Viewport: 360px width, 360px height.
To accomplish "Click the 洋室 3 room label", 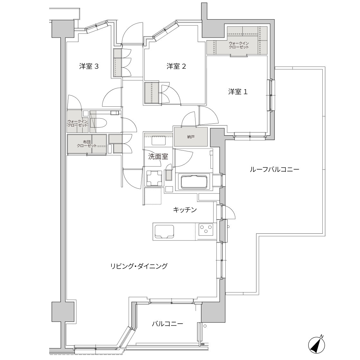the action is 89,67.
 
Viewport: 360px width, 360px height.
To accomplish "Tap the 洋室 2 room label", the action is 176,67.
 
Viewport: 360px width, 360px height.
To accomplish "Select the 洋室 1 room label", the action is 238,92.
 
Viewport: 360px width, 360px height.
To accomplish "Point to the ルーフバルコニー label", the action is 274,170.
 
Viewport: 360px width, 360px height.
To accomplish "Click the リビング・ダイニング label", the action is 139,266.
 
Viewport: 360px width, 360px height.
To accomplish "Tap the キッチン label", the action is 185,210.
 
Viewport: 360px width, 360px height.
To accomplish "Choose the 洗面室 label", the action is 158,157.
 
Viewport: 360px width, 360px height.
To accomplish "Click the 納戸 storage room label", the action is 191,137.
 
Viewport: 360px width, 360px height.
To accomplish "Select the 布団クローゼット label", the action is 86,144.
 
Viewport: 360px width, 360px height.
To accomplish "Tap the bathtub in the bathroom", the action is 194,182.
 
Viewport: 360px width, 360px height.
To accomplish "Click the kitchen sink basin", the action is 164,231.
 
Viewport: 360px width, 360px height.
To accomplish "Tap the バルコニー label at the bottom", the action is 167,324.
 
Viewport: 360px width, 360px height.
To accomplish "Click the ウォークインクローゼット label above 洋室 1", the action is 239,45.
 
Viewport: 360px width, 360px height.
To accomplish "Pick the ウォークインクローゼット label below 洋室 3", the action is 77,123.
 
